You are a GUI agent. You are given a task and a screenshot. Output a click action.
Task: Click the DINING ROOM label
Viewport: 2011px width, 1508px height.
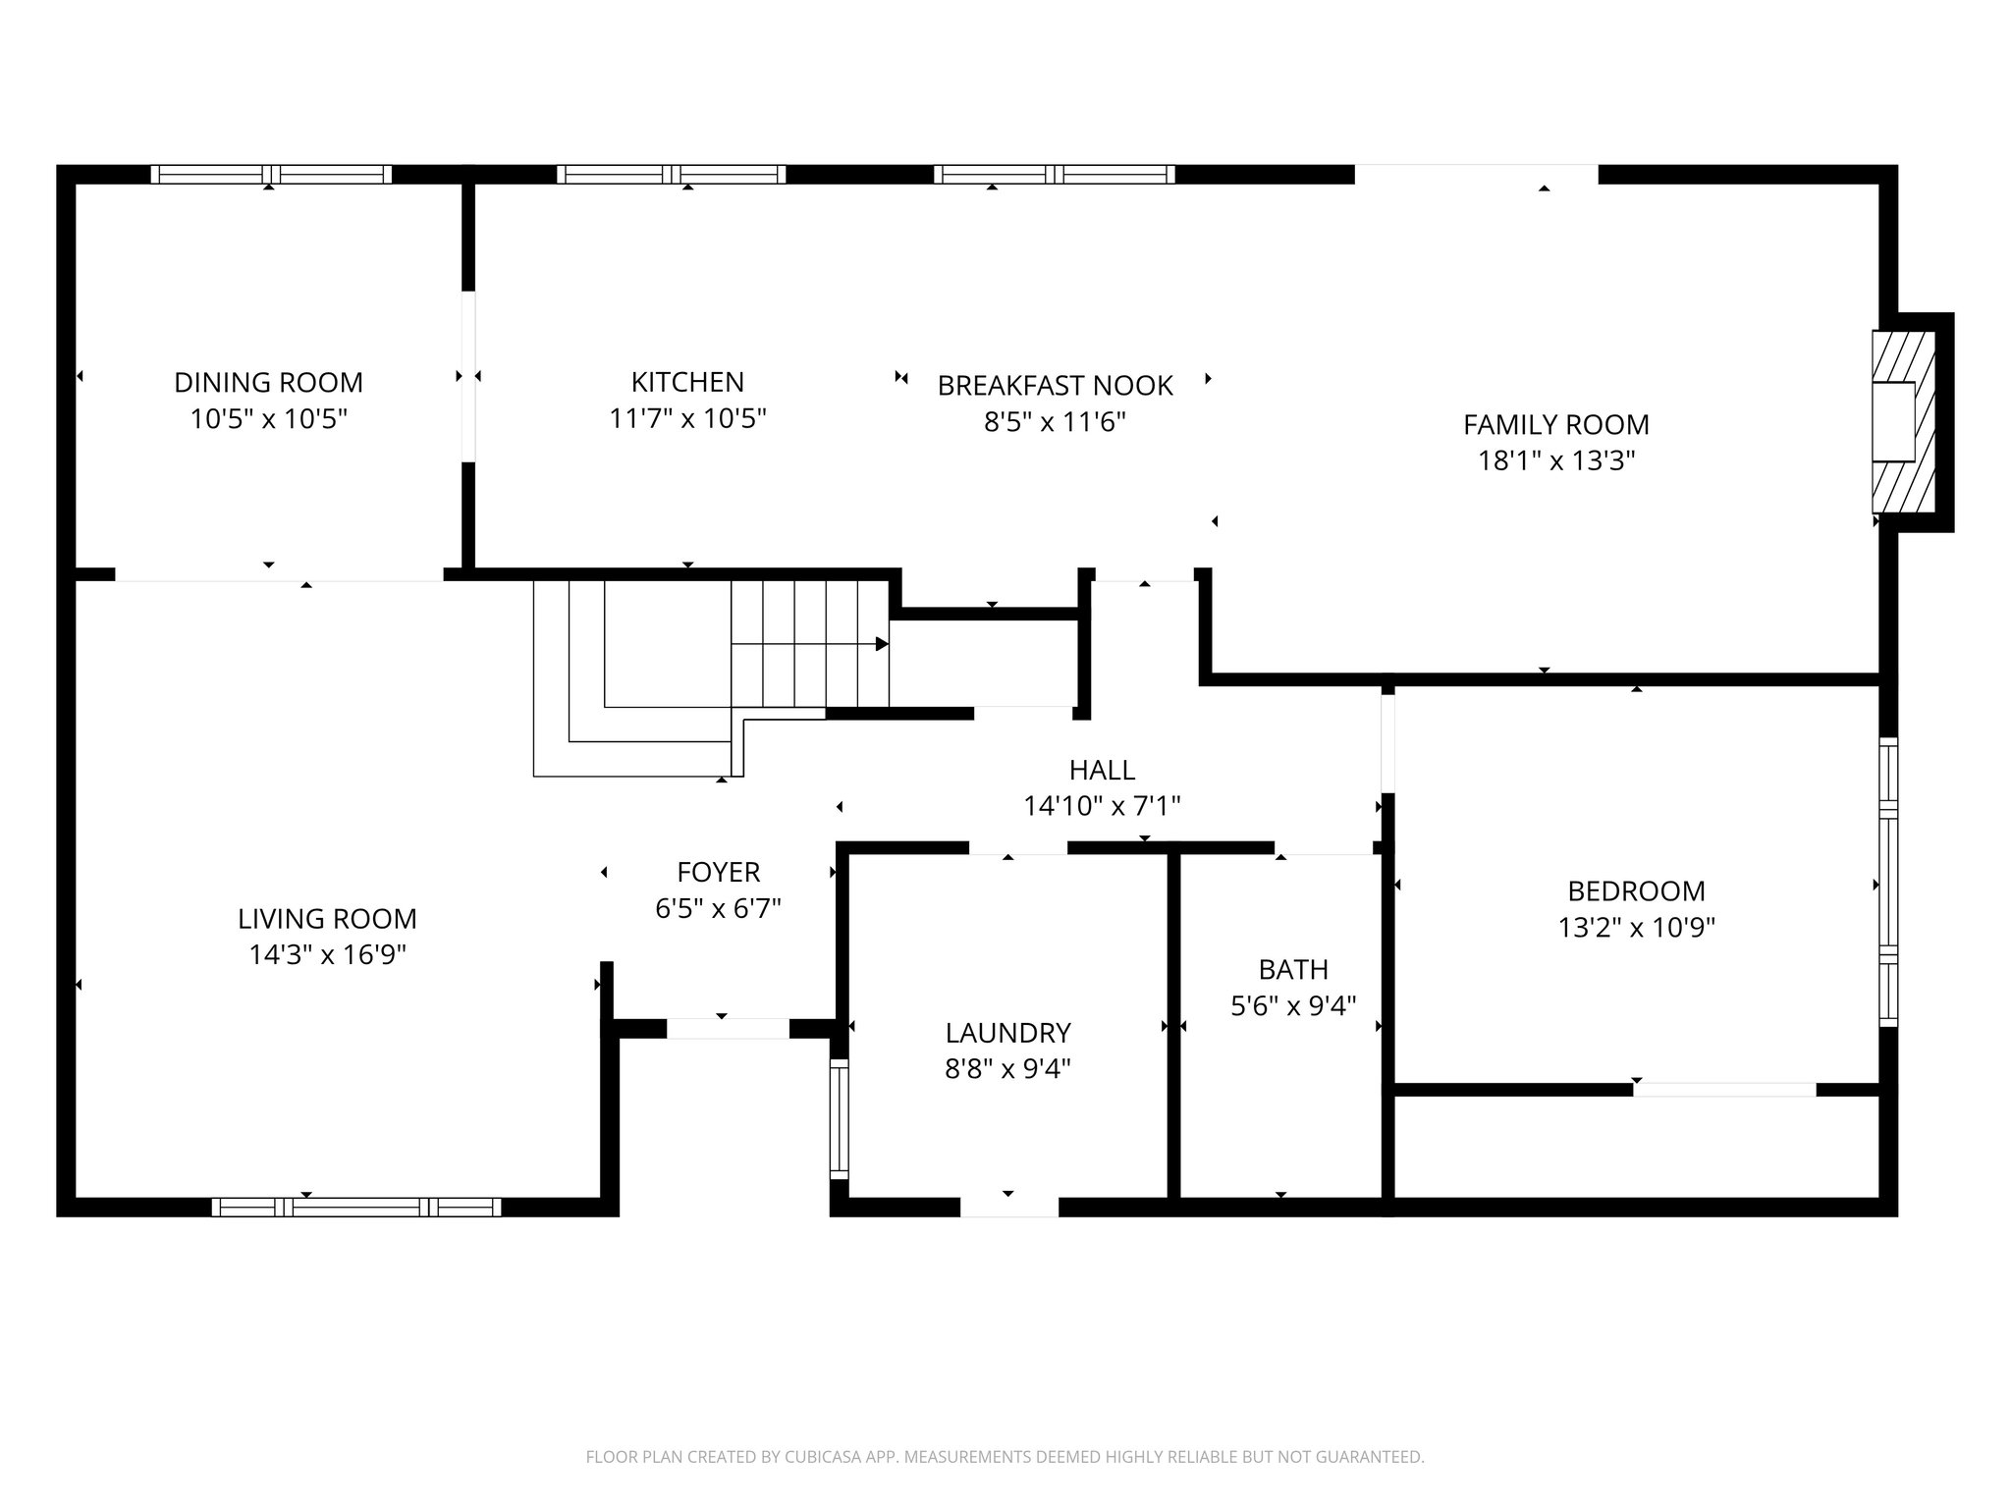268,382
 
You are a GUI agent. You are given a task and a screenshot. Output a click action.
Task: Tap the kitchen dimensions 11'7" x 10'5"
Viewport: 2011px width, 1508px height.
687,419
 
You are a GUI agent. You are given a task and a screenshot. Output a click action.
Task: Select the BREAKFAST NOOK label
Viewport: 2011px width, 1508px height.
1055,386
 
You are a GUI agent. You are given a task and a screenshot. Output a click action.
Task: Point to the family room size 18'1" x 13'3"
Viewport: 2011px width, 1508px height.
1556,460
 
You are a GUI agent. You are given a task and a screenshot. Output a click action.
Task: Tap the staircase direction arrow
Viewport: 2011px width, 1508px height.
881,644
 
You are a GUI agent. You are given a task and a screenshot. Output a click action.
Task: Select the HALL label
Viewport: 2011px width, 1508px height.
1102,770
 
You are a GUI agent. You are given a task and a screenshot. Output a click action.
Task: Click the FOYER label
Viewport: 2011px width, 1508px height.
718,872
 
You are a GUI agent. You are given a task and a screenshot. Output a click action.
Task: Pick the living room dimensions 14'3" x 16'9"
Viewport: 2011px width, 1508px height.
327,954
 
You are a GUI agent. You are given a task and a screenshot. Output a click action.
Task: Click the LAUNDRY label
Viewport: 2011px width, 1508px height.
1007,1033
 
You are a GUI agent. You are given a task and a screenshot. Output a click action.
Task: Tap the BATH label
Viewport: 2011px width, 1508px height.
1293,969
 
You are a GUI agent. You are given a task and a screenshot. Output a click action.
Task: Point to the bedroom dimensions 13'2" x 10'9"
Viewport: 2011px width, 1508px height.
1636,928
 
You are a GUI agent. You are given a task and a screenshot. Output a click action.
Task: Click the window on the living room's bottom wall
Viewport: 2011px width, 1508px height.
356,1207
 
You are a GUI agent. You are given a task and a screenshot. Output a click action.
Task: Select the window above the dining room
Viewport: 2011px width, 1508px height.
271,175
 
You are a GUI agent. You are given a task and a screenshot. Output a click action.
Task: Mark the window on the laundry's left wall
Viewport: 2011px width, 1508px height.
839,1118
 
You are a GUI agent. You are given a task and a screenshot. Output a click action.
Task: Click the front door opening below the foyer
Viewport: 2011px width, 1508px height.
728,1029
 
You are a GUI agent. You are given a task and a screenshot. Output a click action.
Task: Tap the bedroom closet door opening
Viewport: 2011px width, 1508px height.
1724,1090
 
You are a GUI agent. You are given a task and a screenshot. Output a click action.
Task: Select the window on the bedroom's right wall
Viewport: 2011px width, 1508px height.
1887,882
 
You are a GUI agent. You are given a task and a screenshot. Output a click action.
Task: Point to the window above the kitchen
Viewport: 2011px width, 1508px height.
672,175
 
